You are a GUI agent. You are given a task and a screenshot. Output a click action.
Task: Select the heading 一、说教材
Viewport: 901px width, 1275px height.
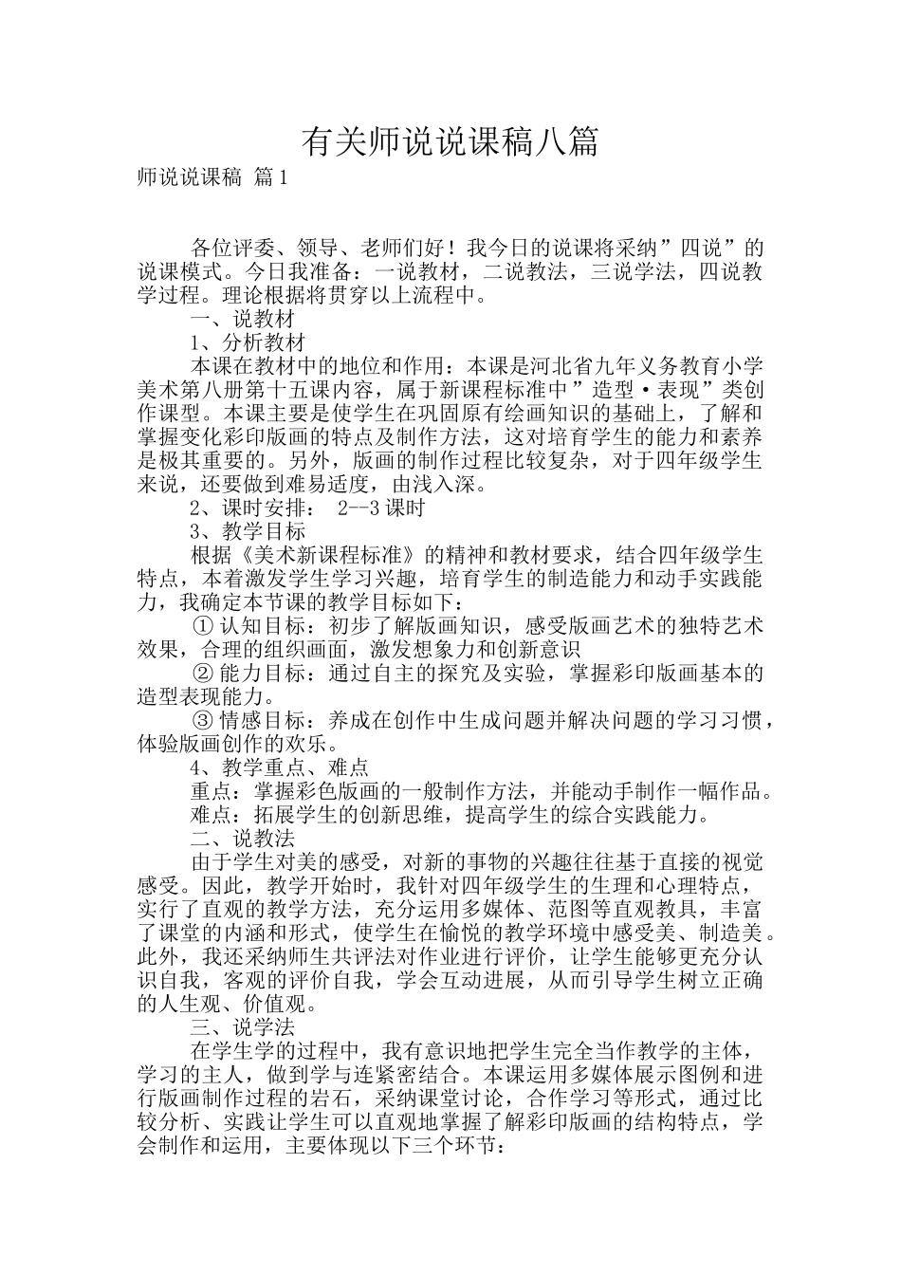coord(244,320)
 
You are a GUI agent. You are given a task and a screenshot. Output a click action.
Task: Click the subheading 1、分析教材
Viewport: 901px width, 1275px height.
coord(248,342)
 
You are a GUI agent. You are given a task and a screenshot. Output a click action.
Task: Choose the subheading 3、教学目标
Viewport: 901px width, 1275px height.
coord(248,531)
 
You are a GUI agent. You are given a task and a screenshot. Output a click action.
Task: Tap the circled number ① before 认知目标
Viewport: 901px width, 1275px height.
coord(202,626)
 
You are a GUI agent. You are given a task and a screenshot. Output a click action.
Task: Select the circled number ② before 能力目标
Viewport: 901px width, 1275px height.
coord(202,674)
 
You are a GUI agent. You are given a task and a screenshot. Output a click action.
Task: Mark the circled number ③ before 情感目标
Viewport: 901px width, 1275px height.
coord(202,720)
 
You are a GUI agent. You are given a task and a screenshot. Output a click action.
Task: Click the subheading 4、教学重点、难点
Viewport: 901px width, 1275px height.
coord(280,767)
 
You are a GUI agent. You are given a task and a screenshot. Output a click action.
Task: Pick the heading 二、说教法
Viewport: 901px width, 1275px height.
coord(244,839)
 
